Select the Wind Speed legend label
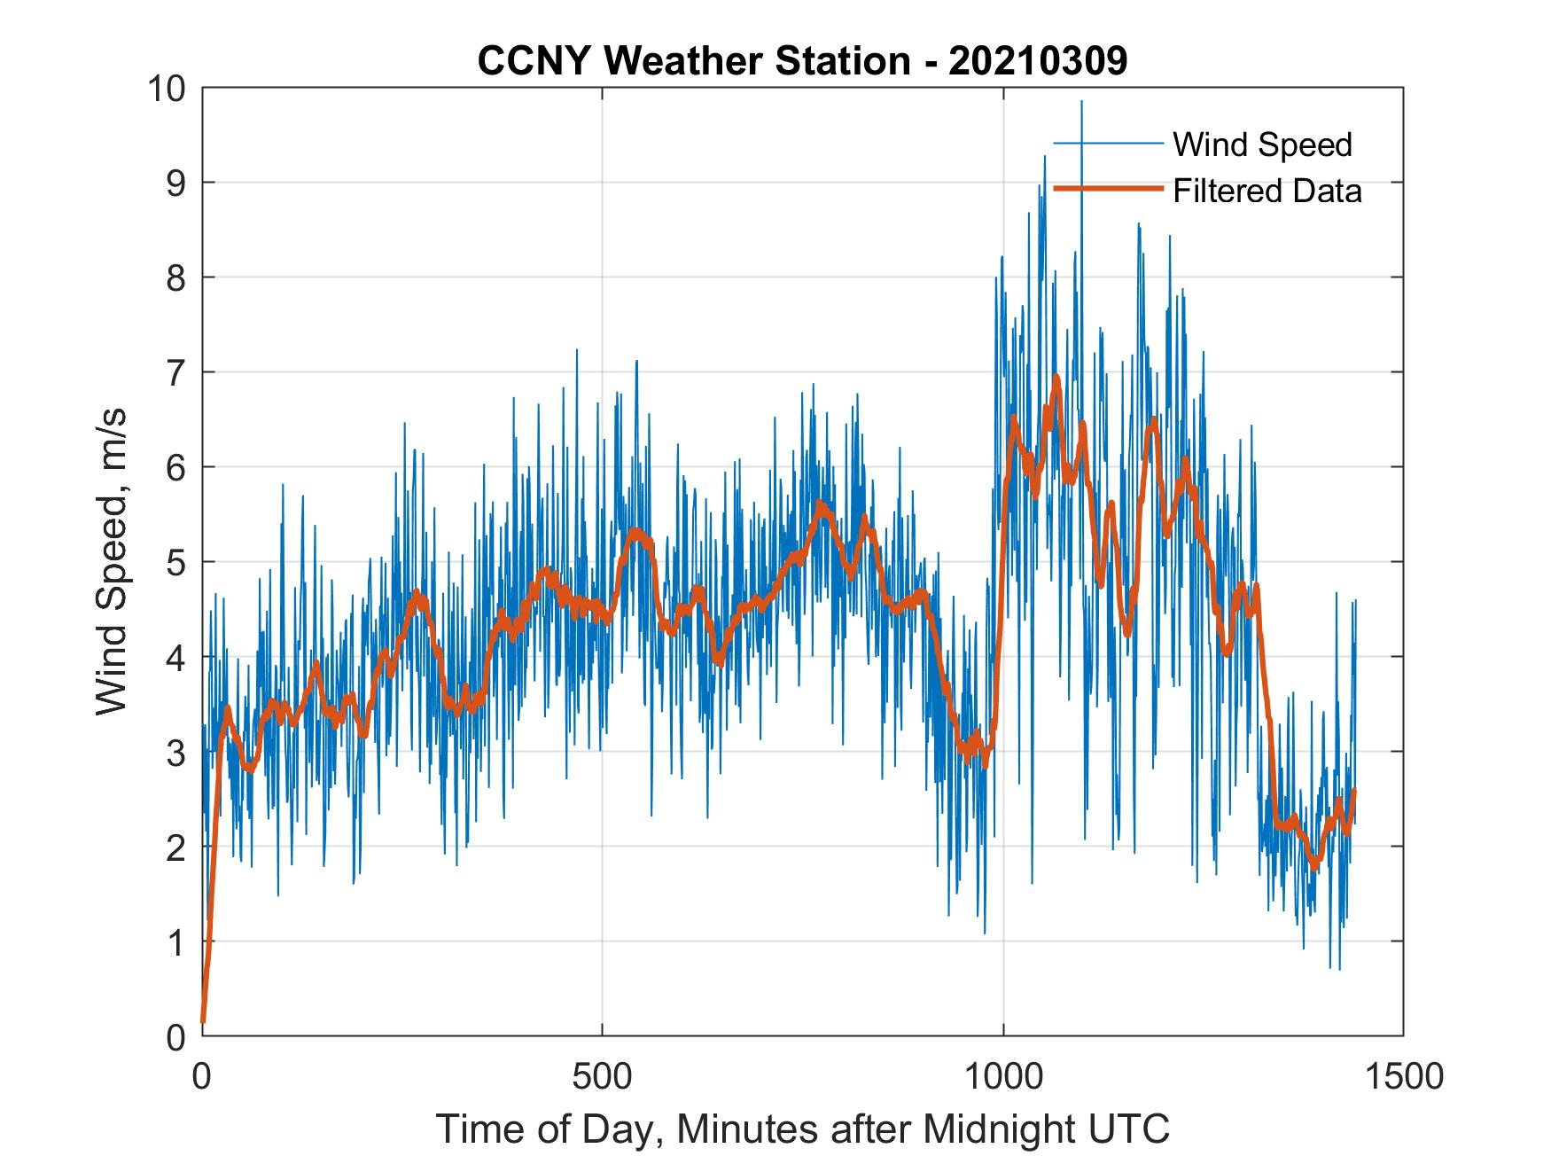[1262, 145]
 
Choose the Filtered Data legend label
[1267, 191]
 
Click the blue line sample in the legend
[1107, 143]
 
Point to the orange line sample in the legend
[1107, 189]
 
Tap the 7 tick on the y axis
[175, 372]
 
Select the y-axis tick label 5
[175, 562]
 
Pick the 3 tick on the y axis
[175, 752]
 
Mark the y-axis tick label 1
[175, 941]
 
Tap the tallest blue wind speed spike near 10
[1081, 102]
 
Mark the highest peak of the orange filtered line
[1056, 378]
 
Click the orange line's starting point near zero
[204, 1021]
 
